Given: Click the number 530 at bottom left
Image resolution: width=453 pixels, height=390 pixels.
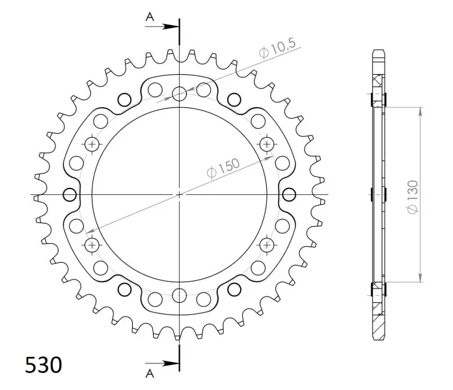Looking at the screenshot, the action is tap(44, 365).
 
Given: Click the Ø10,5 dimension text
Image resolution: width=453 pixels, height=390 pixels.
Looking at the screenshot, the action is tap(278, 48).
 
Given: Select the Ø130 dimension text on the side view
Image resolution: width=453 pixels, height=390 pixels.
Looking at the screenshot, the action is tap(413, 198).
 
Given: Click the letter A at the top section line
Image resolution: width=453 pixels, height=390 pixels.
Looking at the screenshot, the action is tap(150, 18).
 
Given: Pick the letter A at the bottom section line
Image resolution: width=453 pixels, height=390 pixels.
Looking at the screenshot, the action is tap(150, 374).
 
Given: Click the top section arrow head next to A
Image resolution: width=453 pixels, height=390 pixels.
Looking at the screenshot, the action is tap(171, 27).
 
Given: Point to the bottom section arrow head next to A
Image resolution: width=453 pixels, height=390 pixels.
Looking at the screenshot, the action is tap(171, 363).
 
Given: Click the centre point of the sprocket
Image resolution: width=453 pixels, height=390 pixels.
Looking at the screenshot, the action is tap(180, 195).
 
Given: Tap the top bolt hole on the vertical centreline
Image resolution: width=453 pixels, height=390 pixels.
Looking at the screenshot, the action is tap(180, 94).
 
